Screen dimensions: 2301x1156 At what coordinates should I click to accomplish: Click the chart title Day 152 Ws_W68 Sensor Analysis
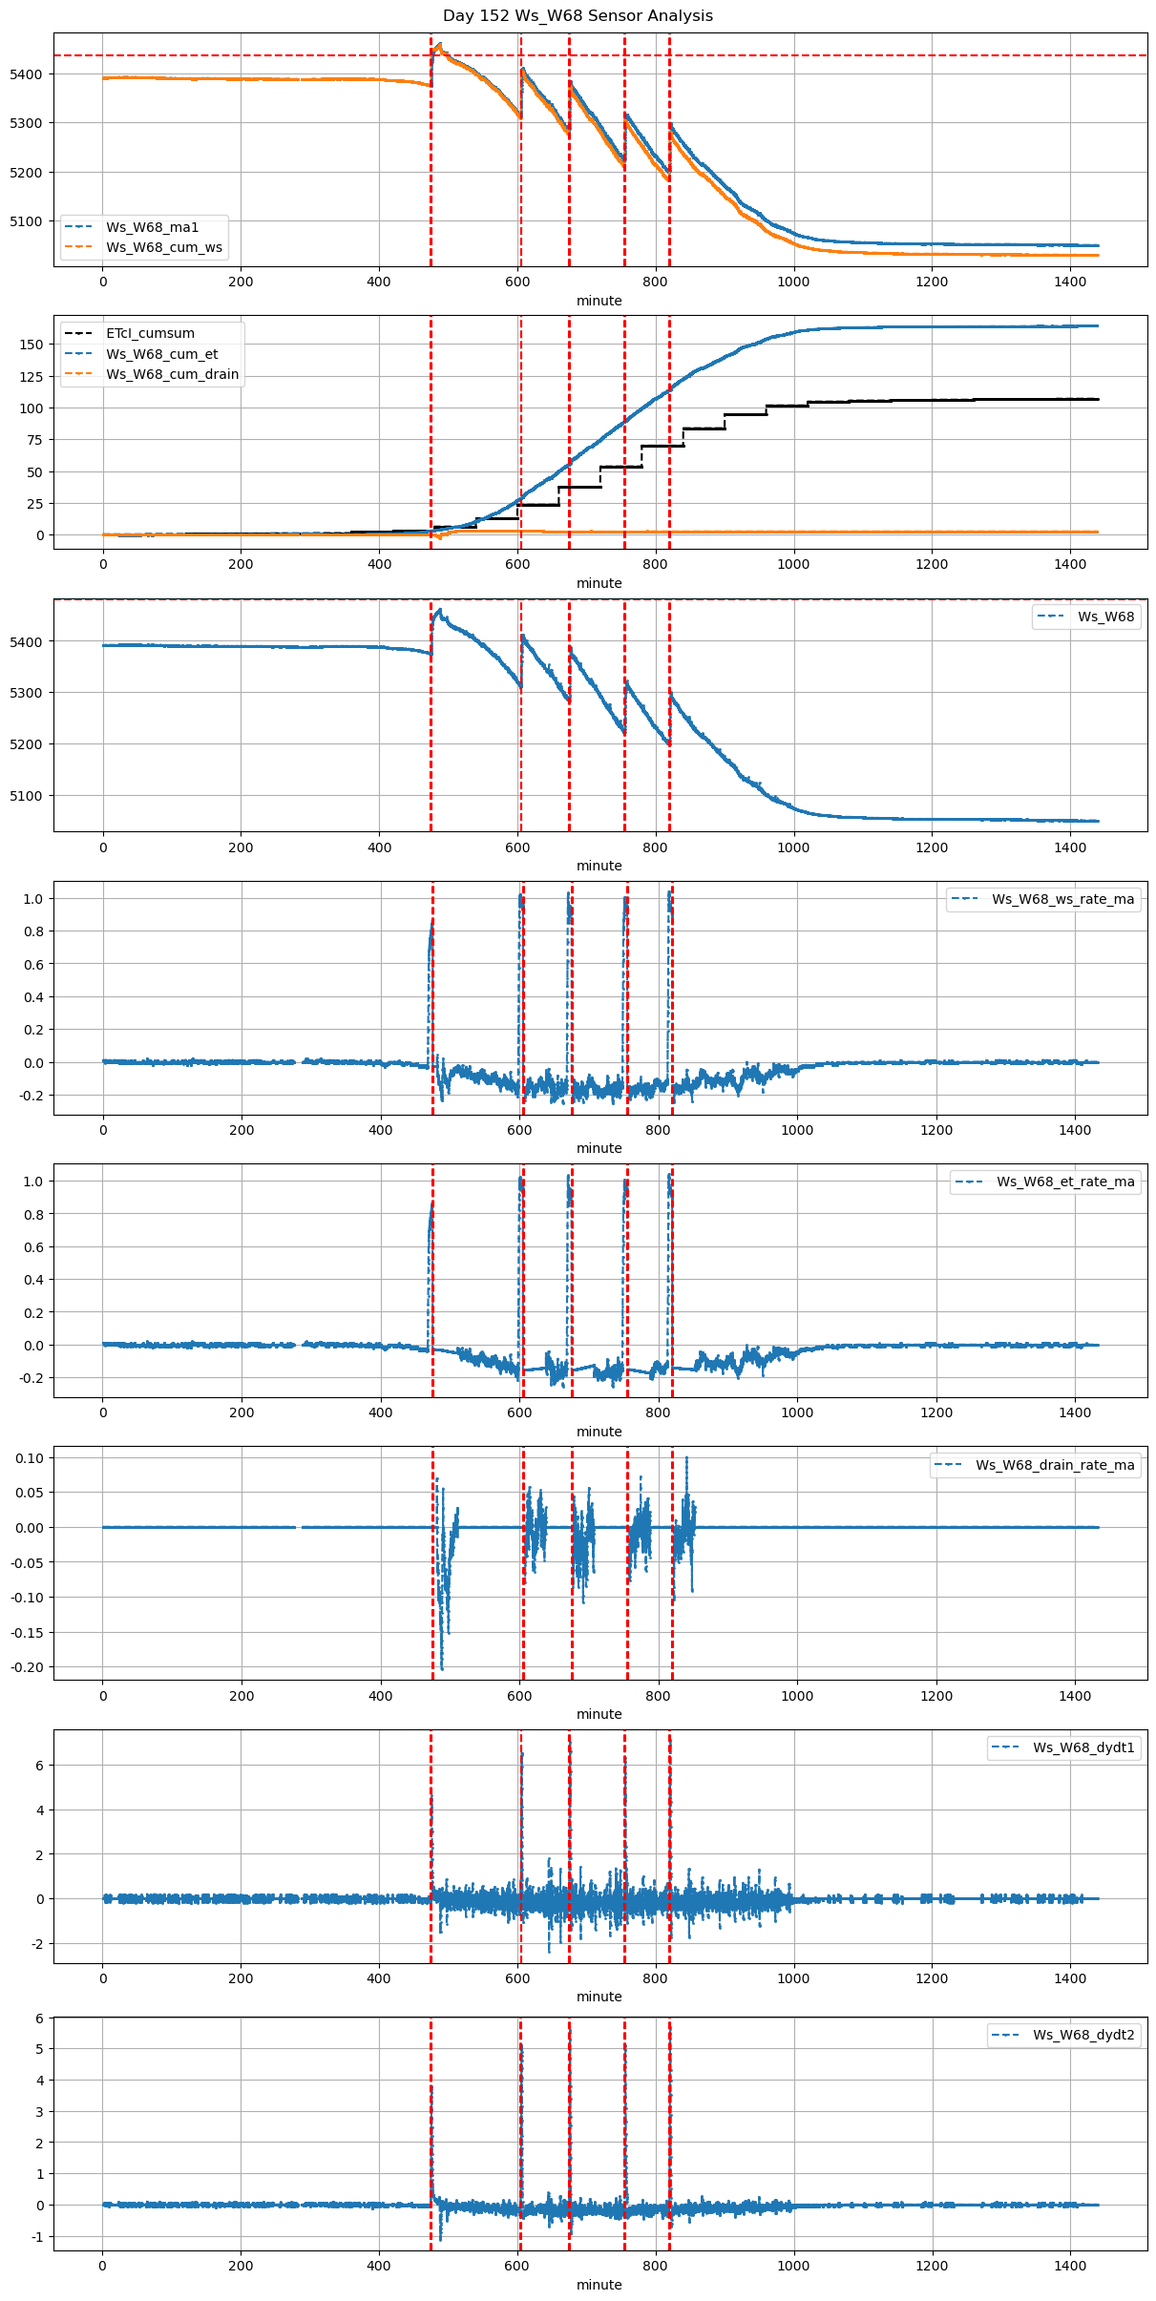(x=578, y=16)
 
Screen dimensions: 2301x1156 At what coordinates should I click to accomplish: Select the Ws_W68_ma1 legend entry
(x=152, y=227)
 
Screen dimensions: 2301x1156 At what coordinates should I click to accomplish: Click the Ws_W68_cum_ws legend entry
(x=163, y=247)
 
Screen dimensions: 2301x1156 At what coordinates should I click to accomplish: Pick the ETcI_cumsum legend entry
(x=150, y=333)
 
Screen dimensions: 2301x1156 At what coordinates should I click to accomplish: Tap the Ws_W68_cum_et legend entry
(x=161, y=354)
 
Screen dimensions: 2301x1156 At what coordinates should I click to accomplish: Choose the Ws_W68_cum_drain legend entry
(x=172, y=374)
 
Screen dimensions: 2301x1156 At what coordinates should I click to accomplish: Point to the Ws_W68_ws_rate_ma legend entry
(x=1062, y=899)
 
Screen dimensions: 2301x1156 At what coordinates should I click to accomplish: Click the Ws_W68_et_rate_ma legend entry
(x=1065, y=1182)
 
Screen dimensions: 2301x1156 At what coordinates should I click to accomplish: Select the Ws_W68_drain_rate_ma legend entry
(x=1055, y=1465)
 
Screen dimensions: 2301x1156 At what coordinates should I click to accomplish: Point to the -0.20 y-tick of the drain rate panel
(x=30, y=1667)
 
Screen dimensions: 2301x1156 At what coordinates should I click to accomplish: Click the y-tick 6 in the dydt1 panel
(x=40, y=1766)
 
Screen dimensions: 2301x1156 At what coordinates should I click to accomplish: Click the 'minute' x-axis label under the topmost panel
(x=599, y=301)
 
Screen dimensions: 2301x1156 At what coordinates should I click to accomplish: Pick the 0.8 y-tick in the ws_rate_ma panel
(x=35, y=931)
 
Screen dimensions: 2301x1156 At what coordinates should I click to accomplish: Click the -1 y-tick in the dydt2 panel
(x=38, y=2237)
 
